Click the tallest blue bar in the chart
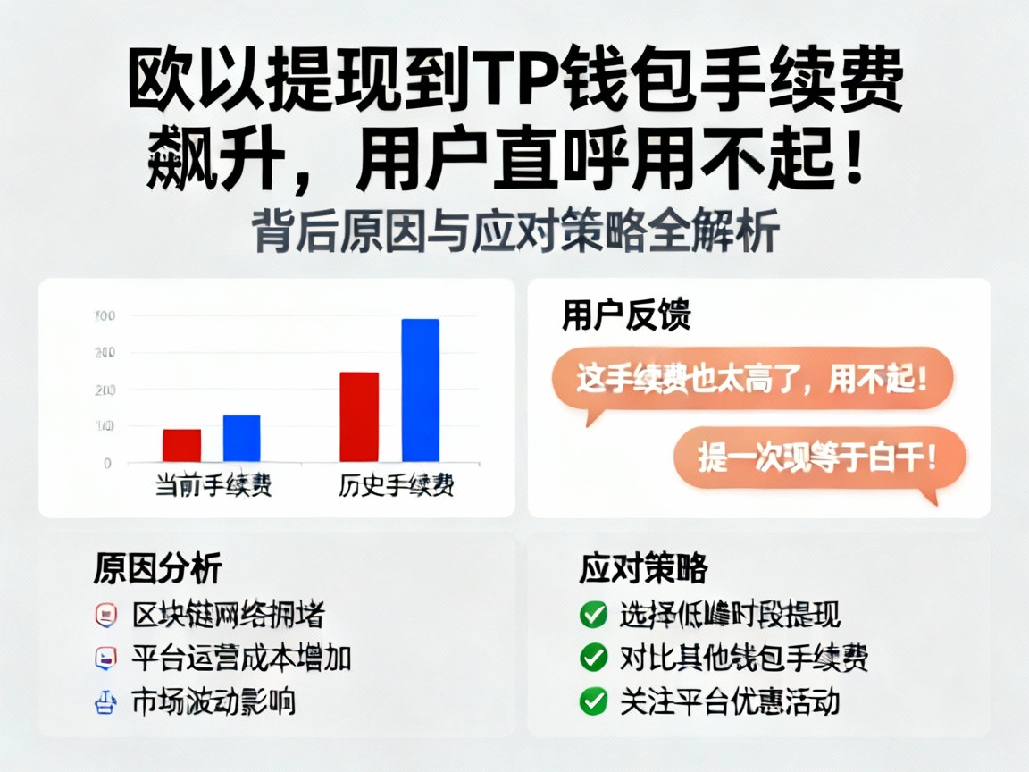(420, 390)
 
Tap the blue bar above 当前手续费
(241, 438)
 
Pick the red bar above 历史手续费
(359, 416)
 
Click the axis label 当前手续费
(213, 486)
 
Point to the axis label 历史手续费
(396, 486)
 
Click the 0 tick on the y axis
(107, 463)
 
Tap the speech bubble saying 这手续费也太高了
(752, 379)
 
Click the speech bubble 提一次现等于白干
(819, 457)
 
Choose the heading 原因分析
(157, 567)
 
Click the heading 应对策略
(643, 567)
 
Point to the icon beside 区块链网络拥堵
(105, 615)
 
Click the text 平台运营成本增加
(241, 658)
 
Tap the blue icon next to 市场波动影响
(105, 701)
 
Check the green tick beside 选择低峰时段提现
(593, 615)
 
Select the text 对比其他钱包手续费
(743, 658)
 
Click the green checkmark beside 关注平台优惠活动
(593, 701)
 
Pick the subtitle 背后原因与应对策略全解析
(516, 231)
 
